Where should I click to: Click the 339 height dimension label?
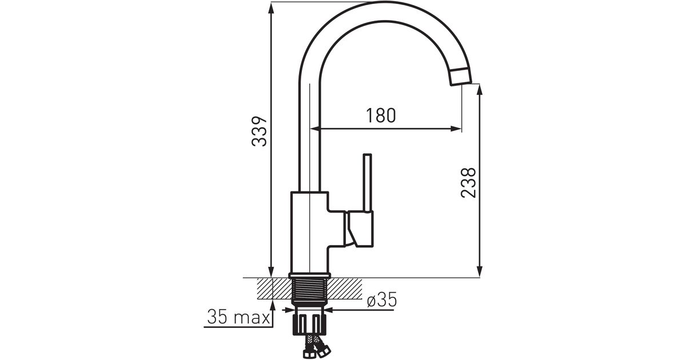click(259, 131)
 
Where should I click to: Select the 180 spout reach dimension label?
click(381, 115)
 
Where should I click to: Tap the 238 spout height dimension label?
click(469, 183)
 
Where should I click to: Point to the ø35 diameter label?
click(382, 299)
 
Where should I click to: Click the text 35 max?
click(238, 317)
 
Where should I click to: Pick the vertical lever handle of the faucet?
click(367, 183)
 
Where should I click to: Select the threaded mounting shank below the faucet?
click(310, 291)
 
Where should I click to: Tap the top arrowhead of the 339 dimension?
click(271, 7)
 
